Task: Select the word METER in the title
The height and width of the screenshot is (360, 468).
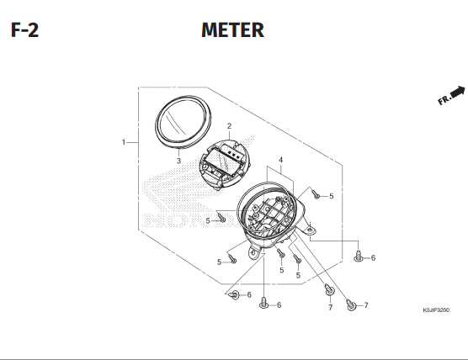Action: point(233,31)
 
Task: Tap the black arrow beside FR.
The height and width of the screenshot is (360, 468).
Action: point(458,90)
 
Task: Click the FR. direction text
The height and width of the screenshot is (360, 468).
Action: point(444,100)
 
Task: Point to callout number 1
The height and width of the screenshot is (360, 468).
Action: point(123,141)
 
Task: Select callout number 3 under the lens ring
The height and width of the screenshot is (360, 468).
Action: point(178,160)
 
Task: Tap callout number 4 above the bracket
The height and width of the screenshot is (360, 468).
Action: point(280,160)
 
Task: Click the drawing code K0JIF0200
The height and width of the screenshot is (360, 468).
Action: point(436,310)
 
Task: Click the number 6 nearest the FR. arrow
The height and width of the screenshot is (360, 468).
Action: point(373,257)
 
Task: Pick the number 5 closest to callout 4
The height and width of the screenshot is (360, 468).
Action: point(331,196)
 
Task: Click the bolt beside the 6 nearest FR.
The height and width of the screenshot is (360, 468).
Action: point(359,257)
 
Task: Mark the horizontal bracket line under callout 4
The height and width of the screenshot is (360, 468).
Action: point(280,177)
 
